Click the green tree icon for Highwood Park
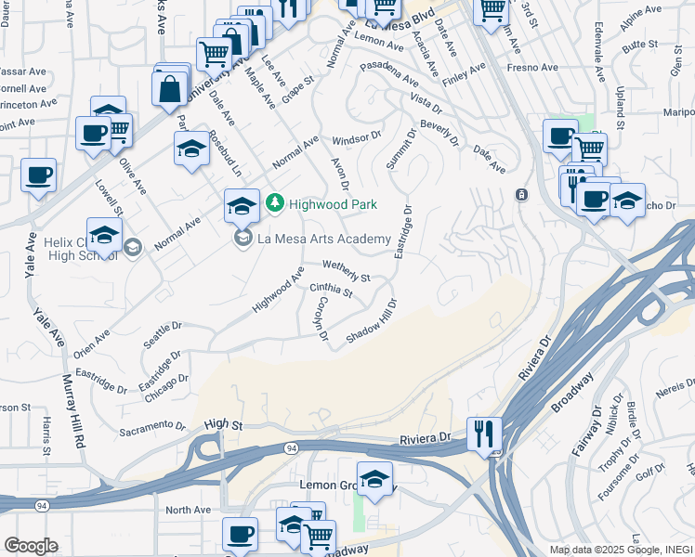[x=274, y=202]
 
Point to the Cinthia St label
[x=331, y=291]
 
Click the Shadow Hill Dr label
[x=372, y=320]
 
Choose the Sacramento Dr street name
[x=154, y=426]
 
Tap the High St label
[x=223, y=424]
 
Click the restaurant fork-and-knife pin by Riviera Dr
[x=484, y=434]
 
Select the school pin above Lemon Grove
[x=374, y=479]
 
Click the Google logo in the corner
[x=31, y=545]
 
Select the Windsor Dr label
[x=357, y=136]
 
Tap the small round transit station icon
[x=521, y=194]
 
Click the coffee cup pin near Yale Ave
[x=38, y=175]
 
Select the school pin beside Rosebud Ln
[x=191, y=149]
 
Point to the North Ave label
[x=189, y=510]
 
